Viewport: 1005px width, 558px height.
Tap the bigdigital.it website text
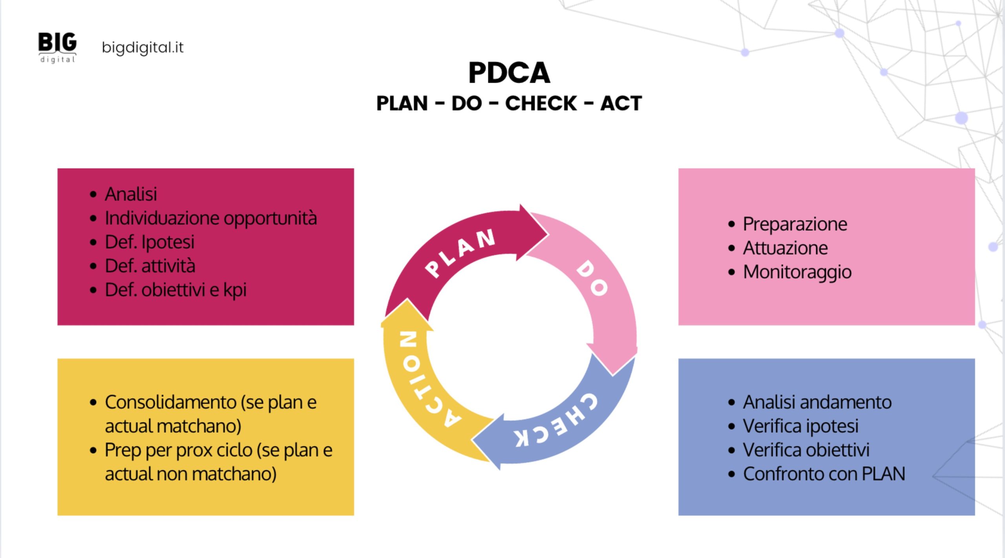pos(143,47)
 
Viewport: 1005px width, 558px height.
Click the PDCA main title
pos(509,73)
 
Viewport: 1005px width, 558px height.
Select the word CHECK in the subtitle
pos(541,104)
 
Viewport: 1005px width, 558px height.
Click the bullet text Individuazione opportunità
pos(211,218)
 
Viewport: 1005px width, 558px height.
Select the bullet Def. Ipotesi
pos(150,242)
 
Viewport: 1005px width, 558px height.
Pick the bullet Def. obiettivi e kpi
pos(175,290)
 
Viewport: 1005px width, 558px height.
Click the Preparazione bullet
pos(795,224)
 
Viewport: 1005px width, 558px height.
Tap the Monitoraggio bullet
pos(797,272)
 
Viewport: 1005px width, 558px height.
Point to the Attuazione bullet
pos(785,248)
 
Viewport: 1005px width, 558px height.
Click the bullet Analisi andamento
pos(817,402)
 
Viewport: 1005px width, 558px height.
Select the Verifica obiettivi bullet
pos(806,450)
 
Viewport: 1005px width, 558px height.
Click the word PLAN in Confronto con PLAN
pos(883,474)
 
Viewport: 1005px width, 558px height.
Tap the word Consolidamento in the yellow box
pos(170,402)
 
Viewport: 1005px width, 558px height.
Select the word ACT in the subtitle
pos(621,104)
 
